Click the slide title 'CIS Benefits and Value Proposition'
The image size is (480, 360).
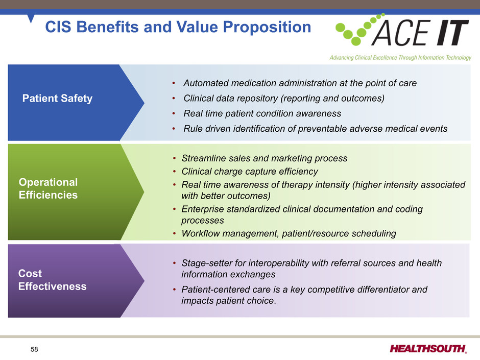coord(178,27)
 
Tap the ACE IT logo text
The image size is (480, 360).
coord(420,33)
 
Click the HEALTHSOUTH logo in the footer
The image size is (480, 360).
coord(428,349)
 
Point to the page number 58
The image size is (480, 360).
coord(34,349)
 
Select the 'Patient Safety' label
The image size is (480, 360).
coord(57,99)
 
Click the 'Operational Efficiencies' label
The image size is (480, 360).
coord(48,188)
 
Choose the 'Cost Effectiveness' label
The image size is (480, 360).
coord(53,280)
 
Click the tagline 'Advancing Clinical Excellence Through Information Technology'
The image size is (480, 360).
coord(400,58)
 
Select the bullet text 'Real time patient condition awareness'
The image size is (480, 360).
coord(262,113)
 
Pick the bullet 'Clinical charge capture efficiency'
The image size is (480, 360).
coord(250,172)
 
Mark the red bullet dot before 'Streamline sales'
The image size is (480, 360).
coord(174,158)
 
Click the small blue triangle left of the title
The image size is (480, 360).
coord(31,18)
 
